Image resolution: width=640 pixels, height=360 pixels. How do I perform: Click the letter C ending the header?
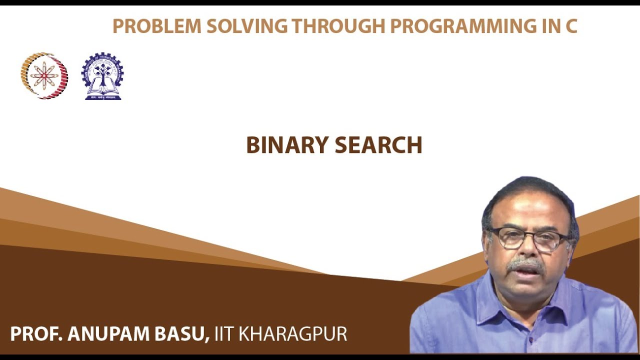(571, 25)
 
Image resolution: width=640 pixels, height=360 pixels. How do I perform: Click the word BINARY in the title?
(287, 145)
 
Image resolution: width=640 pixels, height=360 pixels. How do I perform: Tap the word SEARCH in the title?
(378, 145)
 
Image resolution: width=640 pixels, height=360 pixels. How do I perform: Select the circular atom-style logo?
(44, 75)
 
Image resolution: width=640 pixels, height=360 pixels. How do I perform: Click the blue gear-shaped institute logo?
(102, 76)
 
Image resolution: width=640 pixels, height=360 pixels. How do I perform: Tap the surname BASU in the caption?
(184, 334)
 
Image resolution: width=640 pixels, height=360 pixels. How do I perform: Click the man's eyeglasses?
(530, 238)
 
